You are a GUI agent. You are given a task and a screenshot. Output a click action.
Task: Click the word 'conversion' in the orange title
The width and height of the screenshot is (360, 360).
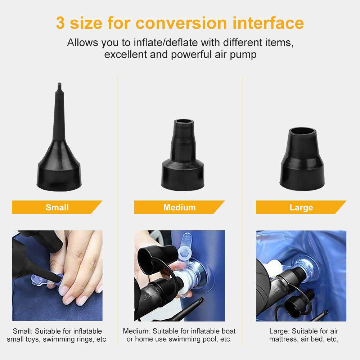[x=181, y=23]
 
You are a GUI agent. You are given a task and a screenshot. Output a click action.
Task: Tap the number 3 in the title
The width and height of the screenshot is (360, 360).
[x=60, y=23]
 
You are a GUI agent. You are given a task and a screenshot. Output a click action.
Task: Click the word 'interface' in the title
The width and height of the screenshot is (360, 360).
[x=268, y=23]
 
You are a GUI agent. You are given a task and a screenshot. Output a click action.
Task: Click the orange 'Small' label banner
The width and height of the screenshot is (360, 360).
[x=57, y=207]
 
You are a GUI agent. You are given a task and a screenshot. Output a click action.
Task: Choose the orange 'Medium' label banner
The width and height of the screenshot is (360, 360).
[x=179, y=207]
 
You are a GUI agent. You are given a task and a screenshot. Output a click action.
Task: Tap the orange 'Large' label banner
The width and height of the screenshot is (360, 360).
[x=301, y=207]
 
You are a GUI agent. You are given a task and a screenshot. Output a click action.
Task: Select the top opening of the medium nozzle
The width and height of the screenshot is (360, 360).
[x=184, y=122]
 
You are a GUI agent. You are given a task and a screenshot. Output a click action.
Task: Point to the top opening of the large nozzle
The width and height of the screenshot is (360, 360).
[x=302, y=131]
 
